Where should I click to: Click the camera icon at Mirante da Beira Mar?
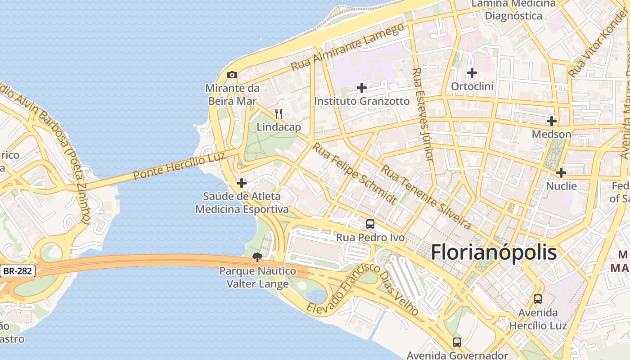(x=232, y=75)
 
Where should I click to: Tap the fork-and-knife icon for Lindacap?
(x=279, y=114)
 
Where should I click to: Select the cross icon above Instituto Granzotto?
(x=362, y=88)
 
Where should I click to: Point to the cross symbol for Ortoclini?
(x=472, y=72)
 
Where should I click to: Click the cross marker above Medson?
(x=552, y=121)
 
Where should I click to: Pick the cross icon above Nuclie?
(x=561, y=173)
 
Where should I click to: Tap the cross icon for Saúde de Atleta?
(x=242, y=183)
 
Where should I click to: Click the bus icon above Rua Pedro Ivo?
(x=370, y=224)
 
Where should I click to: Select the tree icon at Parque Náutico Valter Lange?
(x=257, y=257)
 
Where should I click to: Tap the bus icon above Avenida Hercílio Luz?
(x=538, y=299)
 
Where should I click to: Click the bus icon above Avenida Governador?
(x=457, y=342)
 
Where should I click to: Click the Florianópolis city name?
(x=494, y=253)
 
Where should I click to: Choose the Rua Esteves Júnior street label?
(x=423, y=115)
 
